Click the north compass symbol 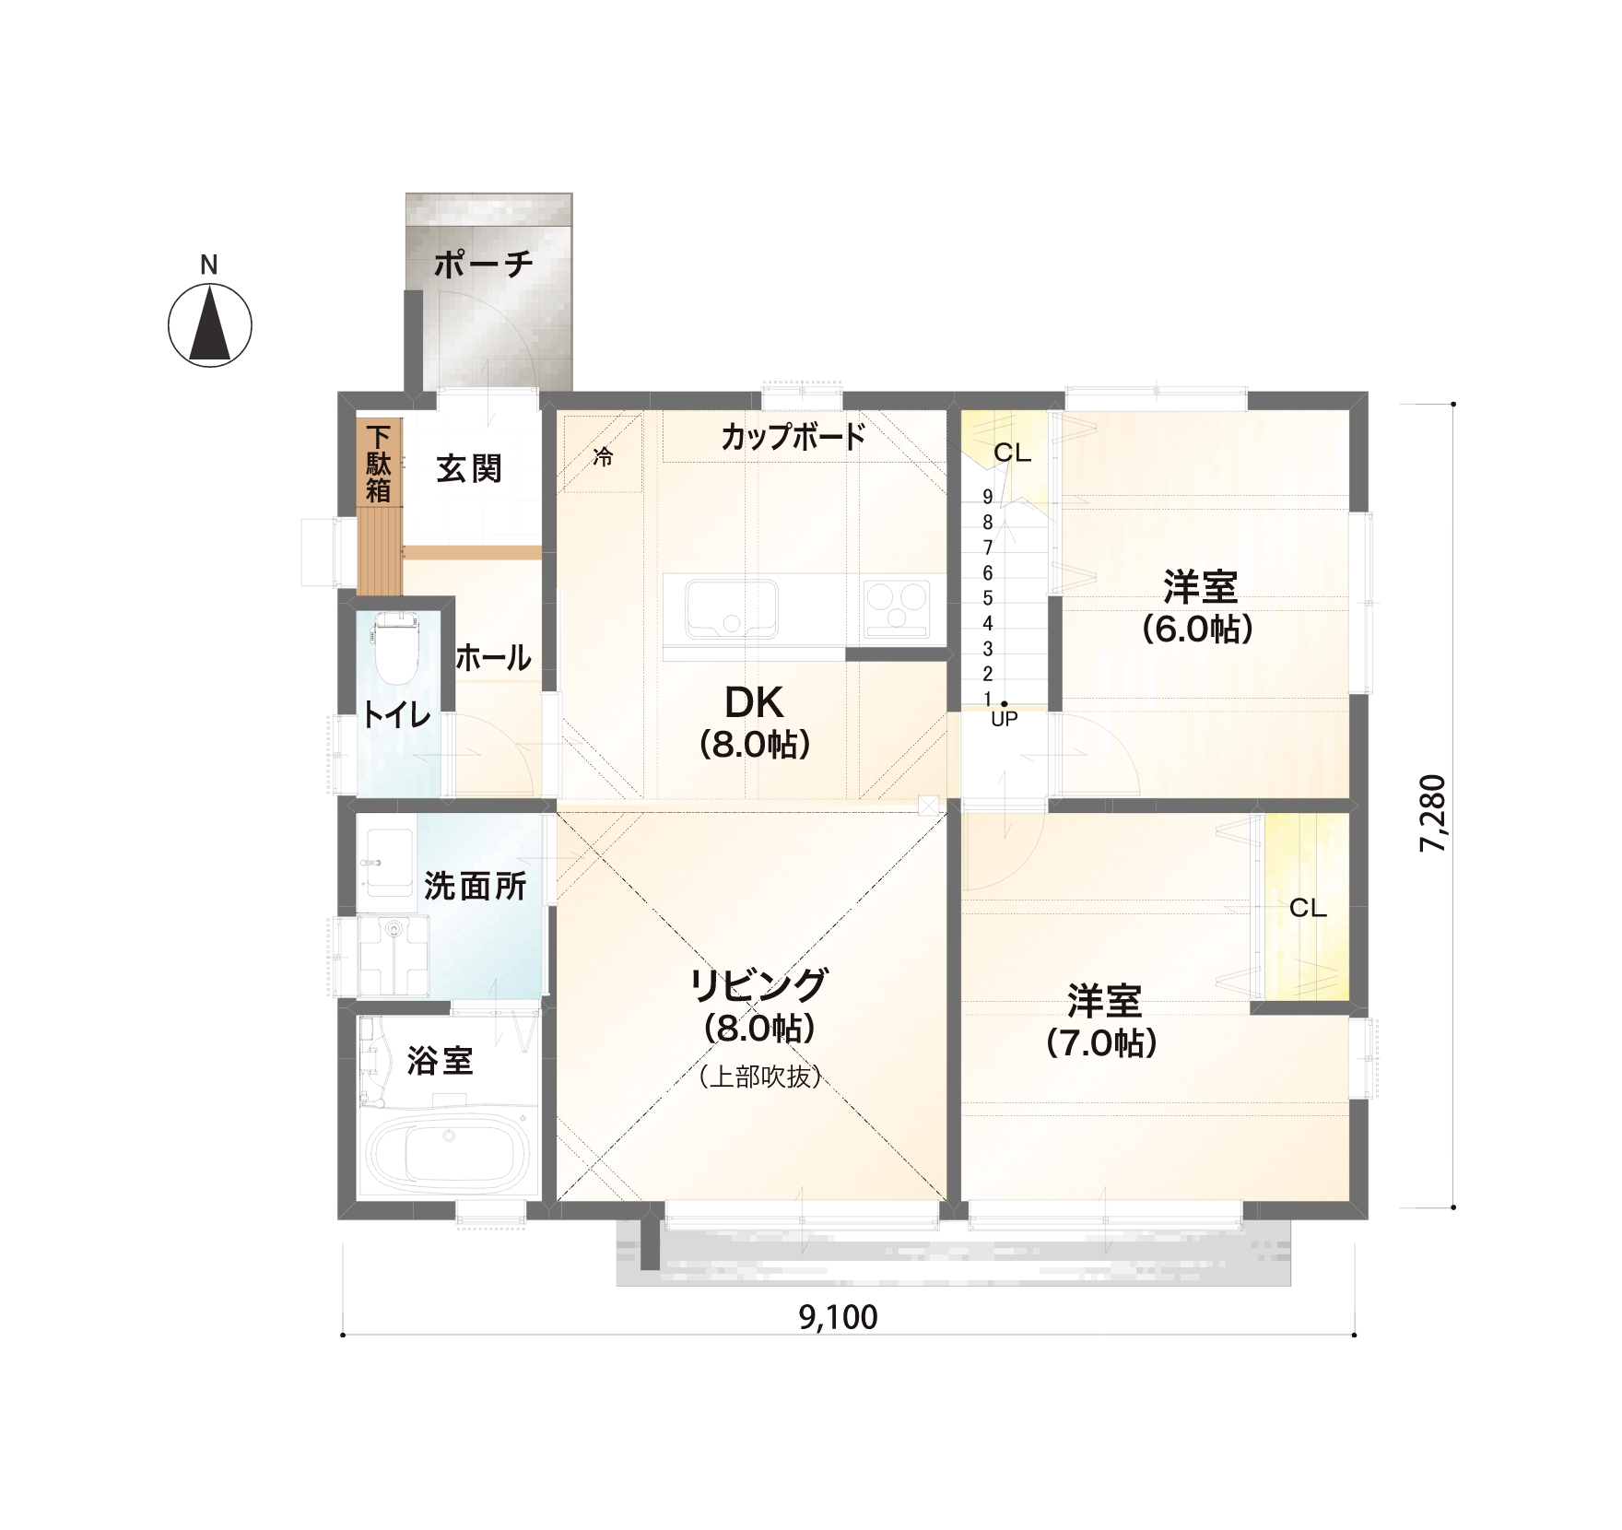point(210,324)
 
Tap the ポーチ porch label point(484,265)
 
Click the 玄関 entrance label point(469,468)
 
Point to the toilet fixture point(396,649)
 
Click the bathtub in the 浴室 point(449,1152)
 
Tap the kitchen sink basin point(732,608)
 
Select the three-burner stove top point(896,608)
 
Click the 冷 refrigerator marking point(603,456)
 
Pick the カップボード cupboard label point(793,436)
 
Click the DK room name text point(754,702)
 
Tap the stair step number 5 point(988,598)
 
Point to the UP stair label point(1004,720)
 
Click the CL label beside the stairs point(1012,453)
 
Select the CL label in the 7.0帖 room point(1308,908)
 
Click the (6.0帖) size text point(1198,630)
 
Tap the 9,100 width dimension point(838,1318)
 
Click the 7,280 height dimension point(1434,813)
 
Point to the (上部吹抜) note point(760,1077)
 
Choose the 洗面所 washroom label point(476,886)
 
